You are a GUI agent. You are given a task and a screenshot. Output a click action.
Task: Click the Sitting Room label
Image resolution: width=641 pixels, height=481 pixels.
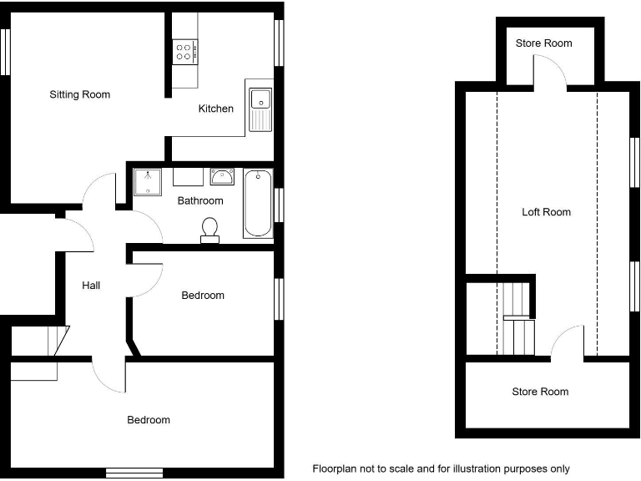[x=79, y=94]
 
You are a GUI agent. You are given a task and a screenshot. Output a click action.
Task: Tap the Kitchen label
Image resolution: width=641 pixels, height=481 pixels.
[x=215, y=109]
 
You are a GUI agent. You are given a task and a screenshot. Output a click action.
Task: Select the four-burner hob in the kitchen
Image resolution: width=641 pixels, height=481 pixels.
[x=184, y=53]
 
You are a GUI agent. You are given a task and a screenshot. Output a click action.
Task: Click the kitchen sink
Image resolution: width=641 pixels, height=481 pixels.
[x=260, y=107]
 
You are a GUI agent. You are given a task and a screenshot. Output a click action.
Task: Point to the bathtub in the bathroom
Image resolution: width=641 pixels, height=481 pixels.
[x=258, y=203]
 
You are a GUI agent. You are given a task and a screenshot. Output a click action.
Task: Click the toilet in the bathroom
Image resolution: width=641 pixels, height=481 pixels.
[x=209, y=229]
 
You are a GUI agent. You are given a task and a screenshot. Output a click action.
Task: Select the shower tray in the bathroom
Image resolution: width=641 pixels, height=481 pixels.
[x=149, y=181]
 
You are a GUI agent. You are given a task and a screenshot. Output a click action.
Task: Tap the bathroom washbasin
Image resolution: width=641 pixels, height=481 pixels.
[x=222, y=177]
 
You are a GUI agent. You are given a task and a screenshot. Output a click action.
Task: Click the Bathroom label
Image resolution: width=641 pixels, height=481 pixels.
[x=200, y=200]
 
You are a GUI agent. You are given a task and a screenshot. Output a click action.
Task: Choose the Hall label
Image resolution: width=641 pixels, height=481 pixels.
[x=91, y=286]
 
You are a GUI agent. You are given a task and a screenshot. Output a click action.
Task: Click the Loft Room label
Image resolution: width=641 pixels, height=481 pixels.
[x=546, y=212]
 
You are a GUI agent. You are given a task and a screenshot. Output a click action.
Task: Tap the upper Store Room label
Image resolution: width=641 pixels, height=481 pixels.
[x=543, y=43]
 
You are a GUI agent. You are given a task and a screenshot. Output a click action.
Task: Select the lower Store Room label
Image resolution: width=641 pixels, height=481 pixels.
[x=540, y=392]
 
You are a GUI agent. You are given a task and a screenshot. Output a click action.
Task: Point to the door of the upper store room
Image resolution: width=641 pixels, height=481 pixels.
[x=550, y=73]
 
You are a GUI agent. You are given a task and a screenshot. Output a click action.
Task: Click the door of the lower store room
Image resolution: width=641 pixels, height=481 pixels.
[x=568, y=342]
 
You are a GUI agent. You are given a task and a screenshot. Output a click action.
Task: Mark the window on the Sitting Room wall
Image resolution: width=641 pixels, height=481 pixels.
[x=5, y=52]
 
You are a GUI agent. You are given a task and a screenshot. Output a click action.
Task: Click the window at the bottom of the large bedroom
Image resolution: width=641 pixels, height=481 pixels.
[x=134, y=473]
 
